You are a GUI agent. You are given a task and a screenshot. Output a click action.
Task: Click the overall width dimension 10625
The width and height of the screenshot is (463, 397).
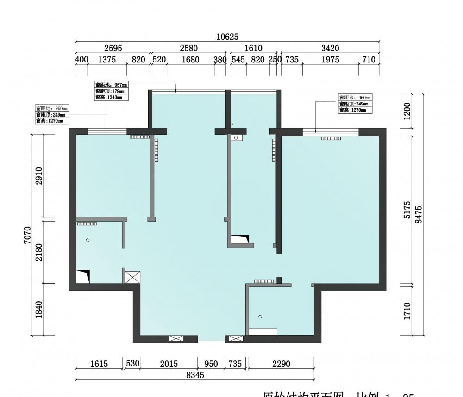(227, 37)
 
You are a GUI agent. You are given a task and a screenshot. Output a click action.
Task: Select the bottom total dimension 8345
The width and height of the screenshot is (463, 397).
(195, 375)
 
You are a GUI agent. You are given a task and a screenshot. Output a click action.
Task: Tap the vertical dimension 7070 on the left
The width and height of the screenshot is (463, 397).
(27, 235)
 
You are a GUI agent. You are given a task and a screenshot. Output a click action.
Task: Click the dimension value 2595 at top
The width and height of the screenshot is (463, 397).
(113, 48)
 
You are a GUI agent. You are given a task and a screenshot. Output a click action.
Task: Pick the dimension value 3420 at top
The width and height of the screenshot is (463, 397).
(330, 48)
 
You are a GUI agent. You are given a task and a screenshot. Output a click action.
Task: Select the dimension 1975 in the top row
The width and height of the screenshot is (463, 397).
(331, 60)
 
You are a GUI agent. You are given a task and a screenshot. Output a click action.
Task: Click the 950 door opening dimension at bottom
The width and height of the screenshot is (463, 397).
(211, 364)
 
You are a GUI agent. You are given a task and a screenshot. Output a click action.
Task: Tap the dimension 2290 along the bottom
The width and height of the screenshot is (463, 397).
(281, 364)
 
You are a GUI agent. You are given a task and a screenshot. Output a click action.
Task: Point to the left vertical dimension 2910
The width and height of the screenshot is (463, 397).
(39, 176)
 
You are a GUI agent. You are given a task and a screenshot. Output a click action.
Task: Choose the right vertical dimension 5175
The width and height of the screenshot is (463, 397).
(407, 210)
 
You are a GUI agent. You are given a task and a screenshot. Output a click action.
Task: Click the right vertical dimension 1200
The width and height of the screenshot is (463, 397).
(407, 111)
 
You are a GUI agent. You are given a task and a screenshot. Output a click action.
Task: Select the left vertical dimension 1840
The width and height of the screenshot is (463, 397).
(39, 309)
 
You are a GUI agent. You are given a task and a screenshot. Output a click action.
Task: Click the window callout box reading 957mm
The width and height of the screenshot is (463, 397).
(111, 91)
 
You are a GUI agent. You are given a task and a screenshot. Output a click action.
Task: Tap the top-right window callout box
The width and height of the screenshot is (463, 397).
(355, 104)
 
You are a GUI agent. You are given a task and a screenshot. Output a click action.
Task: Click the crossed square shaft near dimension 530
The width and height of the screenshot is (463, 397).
(133, 278)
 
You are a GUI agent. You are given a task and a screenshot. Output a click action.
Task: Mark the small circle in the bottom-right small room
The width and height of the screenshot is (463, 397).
(260, 316)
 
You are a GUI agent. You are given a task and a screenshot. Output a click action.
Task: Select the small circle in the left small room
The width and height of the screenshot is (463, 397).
(87, 240)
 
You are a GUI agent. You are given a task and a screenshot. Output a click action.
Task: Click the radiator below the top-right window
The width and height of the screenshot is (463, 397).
(331, 138)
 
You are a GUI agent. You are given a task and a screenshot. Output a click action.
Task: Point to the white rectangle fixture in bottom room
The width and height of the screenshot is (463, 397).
(263, 331)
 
